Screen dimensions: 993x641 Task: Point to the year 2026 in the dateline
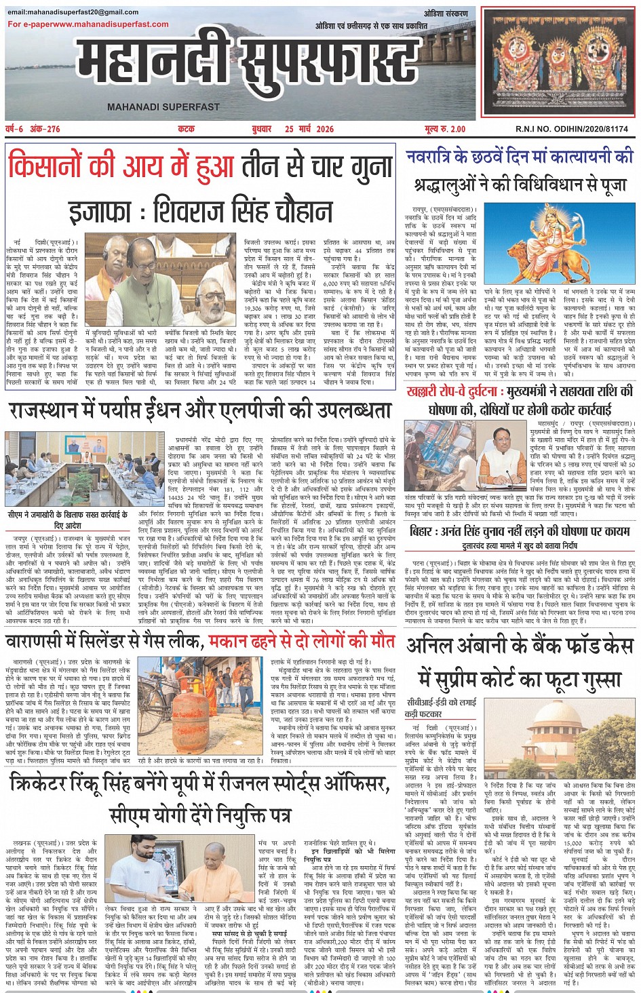[x=323, y=129]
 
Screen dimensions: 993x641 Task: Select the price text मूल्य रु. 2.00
[x=445, y=129]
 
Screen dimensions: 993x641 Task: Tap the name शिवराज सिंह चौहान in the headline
[x=243, y=210]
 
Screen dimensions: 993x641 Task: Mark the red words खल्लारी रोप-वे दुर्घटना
[x=451, y=391]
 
